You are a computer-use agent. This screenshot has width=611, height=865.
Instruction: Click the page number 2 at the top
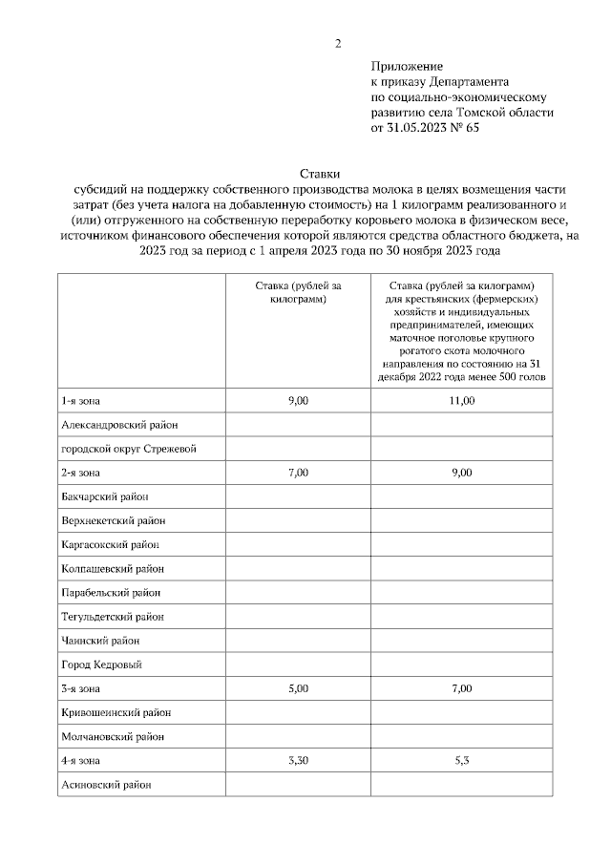click(337, 43)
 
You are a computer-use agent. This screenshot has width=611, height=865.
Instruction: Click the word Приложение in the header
click(407, 67)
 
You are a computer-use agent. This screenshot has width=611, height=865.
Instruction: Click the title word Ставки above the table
click(316, 174)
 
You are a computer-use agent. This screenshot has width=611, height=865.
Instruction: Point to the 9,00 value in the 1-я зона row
click(298, 400)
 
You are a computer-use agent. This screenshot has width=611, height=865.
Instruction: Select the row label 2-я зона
click(80, 473)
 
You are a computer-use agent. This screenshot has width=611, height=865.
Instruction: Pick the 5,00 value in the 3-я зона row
click(298, 688)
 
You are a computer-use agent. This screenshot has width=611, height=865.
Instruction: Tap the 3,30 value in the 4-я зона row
click(298, 760)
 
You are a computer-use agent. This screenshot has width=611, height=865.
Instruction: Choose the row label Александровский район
click(119, 424)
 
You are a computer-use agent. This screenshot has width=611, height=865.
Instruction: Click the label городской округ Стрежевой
click(128, 449)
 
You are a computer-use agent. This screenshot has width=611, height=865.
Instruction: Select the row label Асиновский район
click(106, 785)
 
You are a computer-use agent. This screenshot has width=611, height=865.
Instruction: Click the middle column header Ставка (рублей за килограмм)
click(298, 292)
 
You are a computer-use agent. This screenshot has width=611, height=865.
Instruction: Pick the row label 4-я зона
click(80, 760)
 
